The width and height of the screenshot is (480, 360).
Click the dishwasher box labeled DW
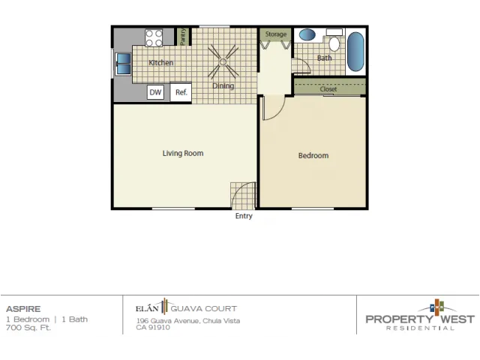pos(155,92)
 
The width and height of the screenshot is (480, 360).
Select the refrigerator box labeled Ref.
pos(181,92)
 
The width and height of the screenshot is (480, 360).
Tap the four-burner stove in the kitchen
pos(154,38)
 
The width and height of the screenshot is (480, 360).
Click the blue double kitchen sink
pos(124,64)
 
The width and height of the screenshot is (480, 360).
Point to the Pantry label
pos(183,37)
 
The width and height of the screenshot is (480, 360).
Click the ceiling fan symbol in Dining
pos(223,62)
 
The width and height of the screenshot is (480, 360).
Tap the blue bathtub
pos(355,52)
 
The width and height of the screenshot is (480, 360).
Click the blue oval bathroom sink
pos(307,34)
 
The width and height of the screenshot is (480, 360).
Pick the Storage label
pos(276,34)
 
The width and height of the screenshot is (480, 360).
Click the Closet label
pos(328,89)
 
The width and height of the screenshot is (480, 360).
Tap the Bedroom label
pos(313,155)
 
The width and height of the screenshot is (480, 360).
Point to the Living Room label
pos(183,153)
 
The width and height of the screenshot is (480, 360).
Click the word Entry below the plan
pos(244,216)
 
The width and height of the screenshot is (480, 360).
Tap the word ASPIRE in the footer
pos(23,309)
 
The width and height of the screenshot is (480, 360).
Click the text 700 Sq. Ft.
pos(28,328)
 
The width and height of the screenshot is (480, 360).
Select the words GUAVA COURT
pos(203,308)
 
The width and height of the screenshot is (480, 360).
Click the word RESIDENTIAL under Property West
pos(420,328)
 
